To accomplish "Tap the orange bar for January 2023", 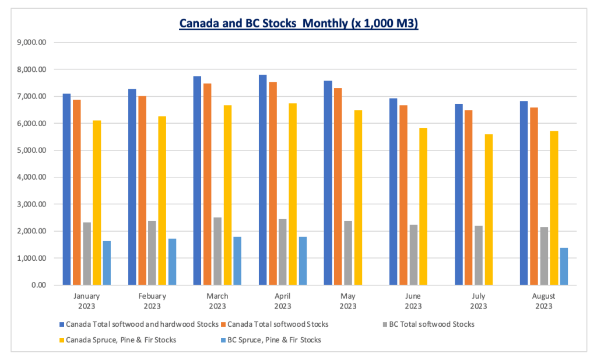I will pyautogui.click(x=76, y=193).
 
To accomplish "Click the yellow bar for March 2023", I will pyautogui.click(x=227, y=195).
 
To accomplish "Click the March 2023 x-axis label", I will pyautogui.click(x=217, y=301).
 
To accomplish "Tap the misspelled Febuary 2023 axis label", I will pyautogui.click(x=152, y=301).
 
